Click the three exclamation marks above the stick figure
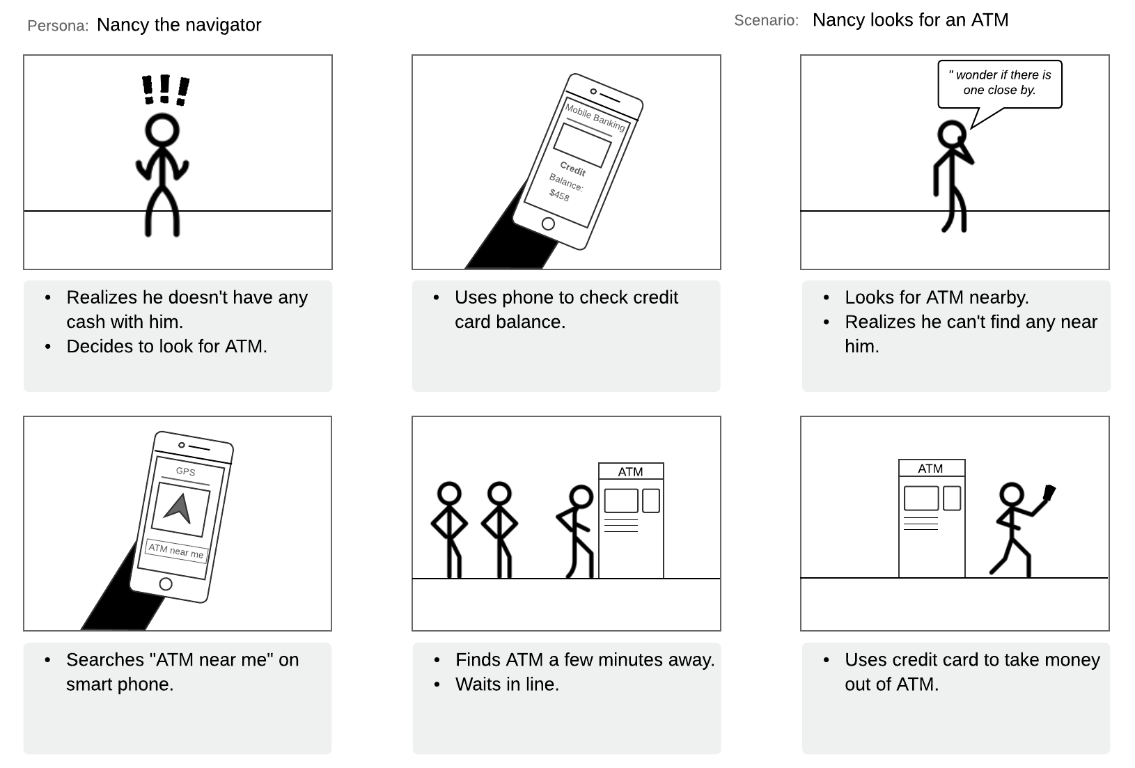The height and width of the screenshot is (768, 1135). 165,90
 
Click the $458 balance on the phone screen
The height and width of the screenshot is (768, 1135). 559,195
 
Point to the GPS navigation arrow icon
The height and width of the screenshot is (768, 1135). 179,508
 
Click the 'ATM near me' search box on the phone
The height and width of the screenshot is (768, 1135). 176,551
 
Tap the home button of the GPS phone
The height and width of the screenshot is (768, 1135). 166,583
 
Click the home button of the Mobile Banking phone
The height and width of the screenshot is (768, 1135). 548,224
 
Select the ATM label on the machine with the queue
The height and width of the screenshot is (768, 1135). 630,471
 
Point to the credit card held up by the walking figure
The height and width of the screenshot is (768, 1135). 1049,493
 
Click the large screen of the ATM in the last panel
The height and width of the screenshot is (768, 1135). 921,499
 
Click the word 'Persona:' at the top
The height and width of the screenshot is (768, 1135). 58,26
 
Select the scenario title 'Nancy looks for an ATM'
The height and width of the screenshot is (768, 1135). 910,20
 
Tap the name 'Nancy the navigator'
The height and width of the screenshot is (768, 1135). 179,25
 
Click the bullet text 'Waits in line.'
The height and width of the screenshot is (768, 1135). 507,684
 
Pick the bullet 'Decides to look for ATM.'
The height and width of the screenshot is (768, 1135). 166,347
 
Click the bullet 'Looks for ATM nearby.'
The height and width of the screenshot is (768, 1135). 937,298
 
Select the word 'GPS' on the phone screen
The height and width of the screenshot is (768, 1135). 185,471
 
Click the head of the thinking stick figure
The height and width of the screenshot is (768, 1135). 951,134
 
